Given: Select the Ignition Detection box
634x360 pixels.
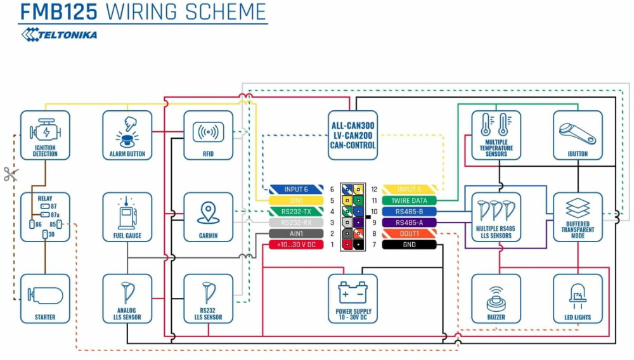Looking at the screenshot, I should [x=45, y=135].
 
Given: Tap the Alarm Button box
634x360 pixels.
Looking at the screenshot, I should [x=127, y=135].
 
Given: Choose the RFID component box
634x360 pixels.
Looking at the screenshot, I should [x=209, y=135].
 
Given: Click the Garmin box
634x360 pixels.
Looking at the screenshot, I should [x=209, y=217].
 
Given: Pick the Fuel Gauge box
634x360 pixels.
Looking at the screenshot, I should [x=127, y=217].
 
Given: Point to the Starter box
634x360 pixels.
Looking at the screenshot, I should [x=45, y=299].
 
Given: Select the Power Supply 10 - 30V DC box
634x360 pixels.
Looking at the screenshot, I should [x=353, y=299].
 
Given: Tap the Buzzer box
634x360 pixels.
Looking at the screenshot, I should [x=496, y=299].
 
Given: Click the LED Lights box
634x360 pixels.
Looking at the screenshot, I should [x=578, y=299].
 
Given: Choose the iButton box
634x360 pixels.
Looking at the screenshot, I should [x=578, y=135].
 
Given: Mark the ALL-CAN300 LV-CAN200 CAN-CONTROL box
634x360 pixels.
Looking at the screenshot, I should [x=353, y=135].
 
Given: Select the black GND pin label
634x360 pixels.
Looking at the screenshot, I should [x=410, y=245].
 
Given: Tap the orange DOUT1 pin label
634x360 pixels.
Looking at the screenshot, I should [x=410, y=234].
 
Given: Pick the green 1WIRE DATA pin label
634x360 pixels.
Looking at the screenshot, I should [x=410, y=200].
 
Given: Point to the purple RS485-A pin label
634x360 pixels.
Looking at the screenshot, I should [x=410, y=222].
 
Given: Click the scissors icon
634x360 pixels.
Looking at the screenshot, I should [x=10, y=174].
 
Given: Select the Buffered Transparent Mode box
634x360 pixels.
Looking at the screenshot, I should [x=578, y=217].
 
